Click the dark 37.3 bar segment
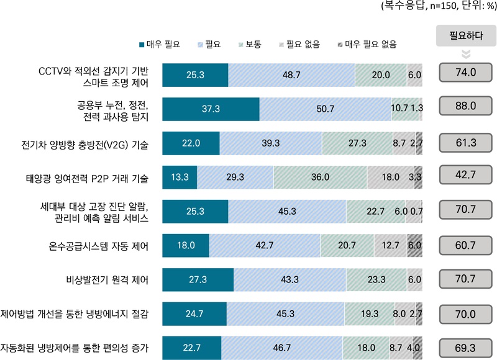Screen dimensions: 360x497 tap(211, 109)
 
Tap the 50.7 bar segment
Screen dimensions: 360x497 tap(325, 109)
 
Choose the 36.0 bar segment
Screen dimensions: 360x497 tap(319, 177)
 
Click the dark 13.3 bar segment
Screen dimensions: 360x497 tap(180, 177)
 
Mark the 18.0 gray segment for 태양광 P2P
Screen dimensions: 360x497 tap(390, 177)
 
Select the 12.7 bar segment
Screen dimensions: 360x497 tap(391, 245)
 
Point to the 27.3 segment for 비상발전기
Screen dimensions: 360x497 tap(198, 279)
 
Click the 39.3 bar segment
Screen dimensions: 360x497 tap(271, 143)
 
